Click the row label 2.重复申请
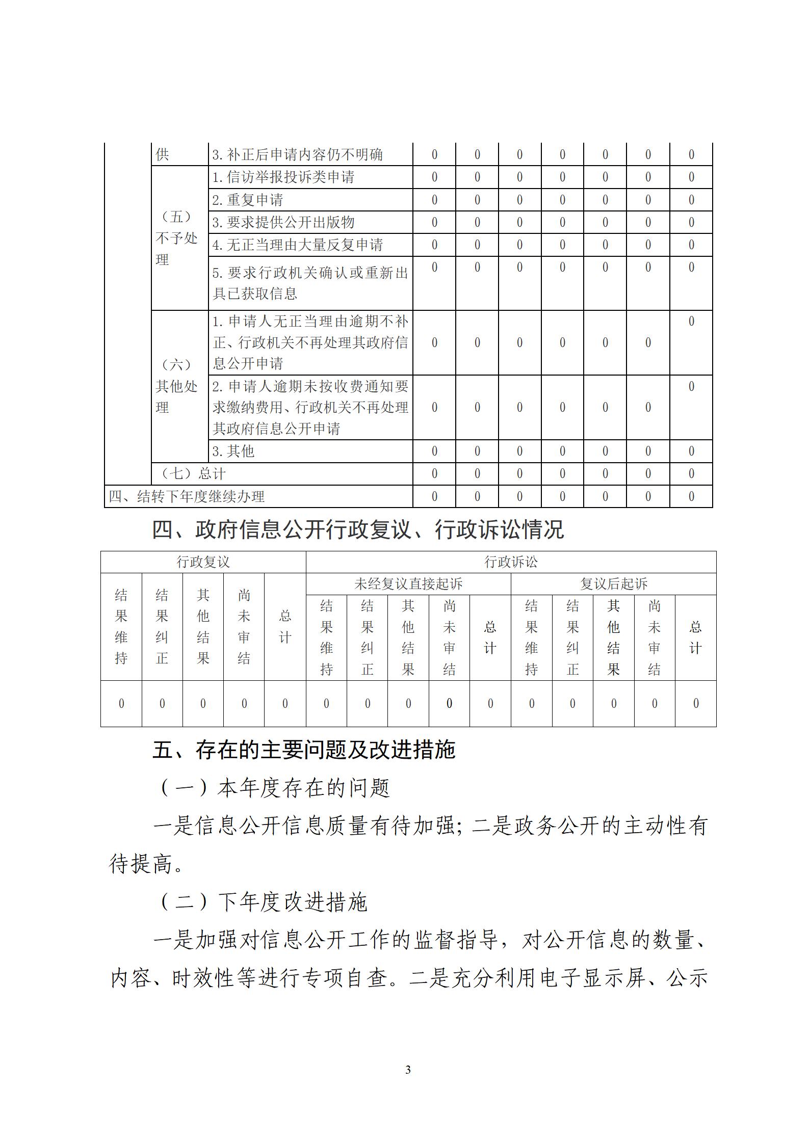(x=248, y=200)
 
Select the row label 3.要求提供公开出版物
(x=283, y=222)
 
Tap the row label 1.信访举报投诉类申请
(x=283, y=177)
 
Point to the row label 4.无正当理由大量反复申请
(x=298, y=245)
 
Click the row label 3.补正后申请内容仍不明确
(x=298, y=154)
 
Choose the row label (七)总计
(x=193, y=474)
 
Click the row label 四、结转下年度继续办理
(x=187, y=496)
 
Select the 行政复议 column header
(x=203, y=562)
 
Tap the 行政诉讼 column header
(x=511, y=562)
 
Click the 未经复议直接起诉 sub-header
(x=408, y=584)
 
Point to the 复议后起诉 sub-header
(x=613, y=584)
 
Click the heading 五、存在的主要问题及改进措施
(x=304, y=750)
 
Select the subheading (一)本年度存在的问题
(x=275, y=788)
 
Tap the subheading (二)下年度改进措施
(x=264, y=902)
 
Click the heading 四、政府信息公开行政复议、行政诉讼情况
(x=358, y=530)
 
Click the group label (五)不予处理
(x=176, y=238)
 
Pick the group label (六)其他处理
(x=176, y=386)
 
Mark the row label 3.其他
(x=233, y=451)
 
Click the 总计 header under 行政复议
(x=285, y=627)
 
